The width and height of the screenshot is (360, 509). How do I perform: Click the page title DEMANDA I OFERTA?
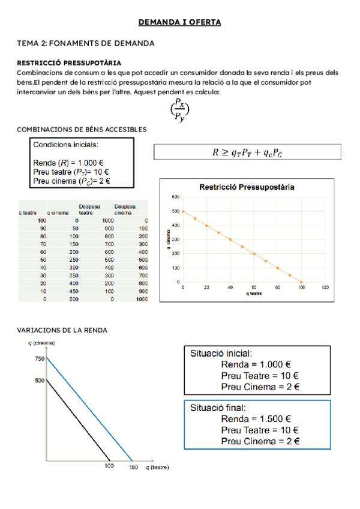pos(180,23)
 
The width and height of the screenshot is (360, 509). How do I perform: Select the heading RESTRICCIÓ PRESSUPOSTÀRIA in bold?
pos(69,62)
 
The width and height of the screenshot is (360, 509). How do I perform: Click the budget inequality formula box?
pos(247,152)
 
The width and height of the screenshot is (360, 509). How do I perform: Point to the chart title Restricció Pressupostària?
pos(247,187)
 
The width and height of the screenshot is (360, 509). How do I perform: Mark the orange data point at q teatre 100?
pos(301,282)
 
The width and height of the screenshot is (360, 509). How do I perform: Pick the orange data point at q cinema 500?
pos(183,211)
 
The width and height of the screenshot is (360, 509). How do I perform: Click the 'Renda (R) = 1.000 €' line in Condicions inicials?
pos(68,163)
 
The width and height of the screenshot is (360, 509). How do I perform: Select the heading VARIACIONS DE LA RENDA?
pos(62,331)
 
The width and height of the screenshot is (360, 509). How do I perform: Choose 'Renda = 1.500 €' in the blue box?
pos(256,419)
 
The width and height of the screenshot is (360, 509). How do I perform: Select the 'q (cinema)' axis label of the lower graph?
pos(41,343)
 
